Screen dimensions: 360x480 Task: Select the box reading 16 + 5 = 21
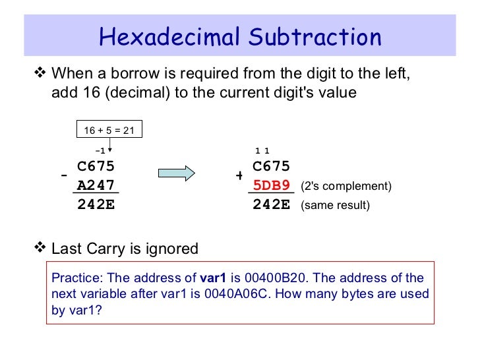(x=109, y=131)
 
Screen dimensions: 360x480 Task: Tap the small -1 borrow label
(x=101, y=150)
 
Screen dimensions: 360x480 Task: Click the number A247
(x=96, y=185)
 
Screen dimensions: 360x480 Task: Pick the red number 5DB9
(x=272, y=185)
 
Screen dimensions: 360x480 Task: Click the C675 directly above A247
(x=96, y=167)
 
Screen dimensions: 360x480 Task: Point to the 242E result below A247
(x=96, y=204)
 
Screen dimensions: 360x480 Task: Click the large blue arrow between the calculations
(x=176, y=173)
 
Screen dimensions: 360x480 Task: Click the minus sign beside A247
(x=64, y=176)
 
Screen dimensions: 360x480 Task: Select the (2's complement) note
(x=345, y=187)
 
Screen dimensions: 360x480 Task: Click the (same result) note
(x=335, y=206)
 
